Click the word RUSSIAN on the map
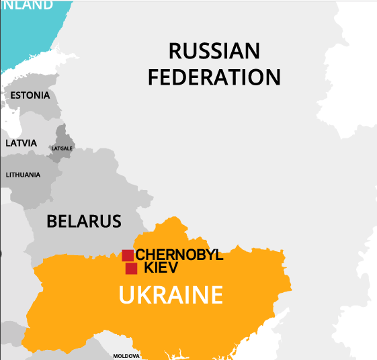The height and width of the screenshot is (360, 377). (214, 51)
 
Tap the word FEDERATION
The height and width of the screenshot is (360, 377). (214, 77)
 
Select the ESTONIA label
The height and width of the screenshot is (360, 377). (30, 95)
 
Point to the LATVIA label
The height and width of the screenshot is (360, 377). (22, 143)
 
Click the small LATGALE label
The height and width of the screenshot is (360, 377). (62, 148)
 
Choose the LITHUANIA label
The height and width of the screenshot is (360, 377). (23, 175)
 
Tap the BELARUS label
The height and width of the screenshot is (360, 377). (84, 221)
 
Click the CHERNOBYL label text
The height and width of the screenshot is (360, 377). (179, 255)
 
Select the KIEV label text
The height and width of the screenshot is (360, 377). (161, 269)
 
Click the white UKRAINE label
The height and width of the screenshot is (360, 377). (171, 296)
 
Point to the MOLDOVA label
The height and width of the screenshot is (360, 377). (126, 355)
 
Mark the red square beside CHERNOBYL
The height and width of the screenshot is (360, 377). (128, 255)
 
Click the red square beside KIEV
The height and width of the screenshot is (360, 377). (132, 269)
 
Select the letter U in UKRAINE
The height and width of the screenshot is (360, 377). (126, 296)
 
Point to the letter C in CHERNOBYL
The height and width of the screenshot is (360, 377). (141, 255)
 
